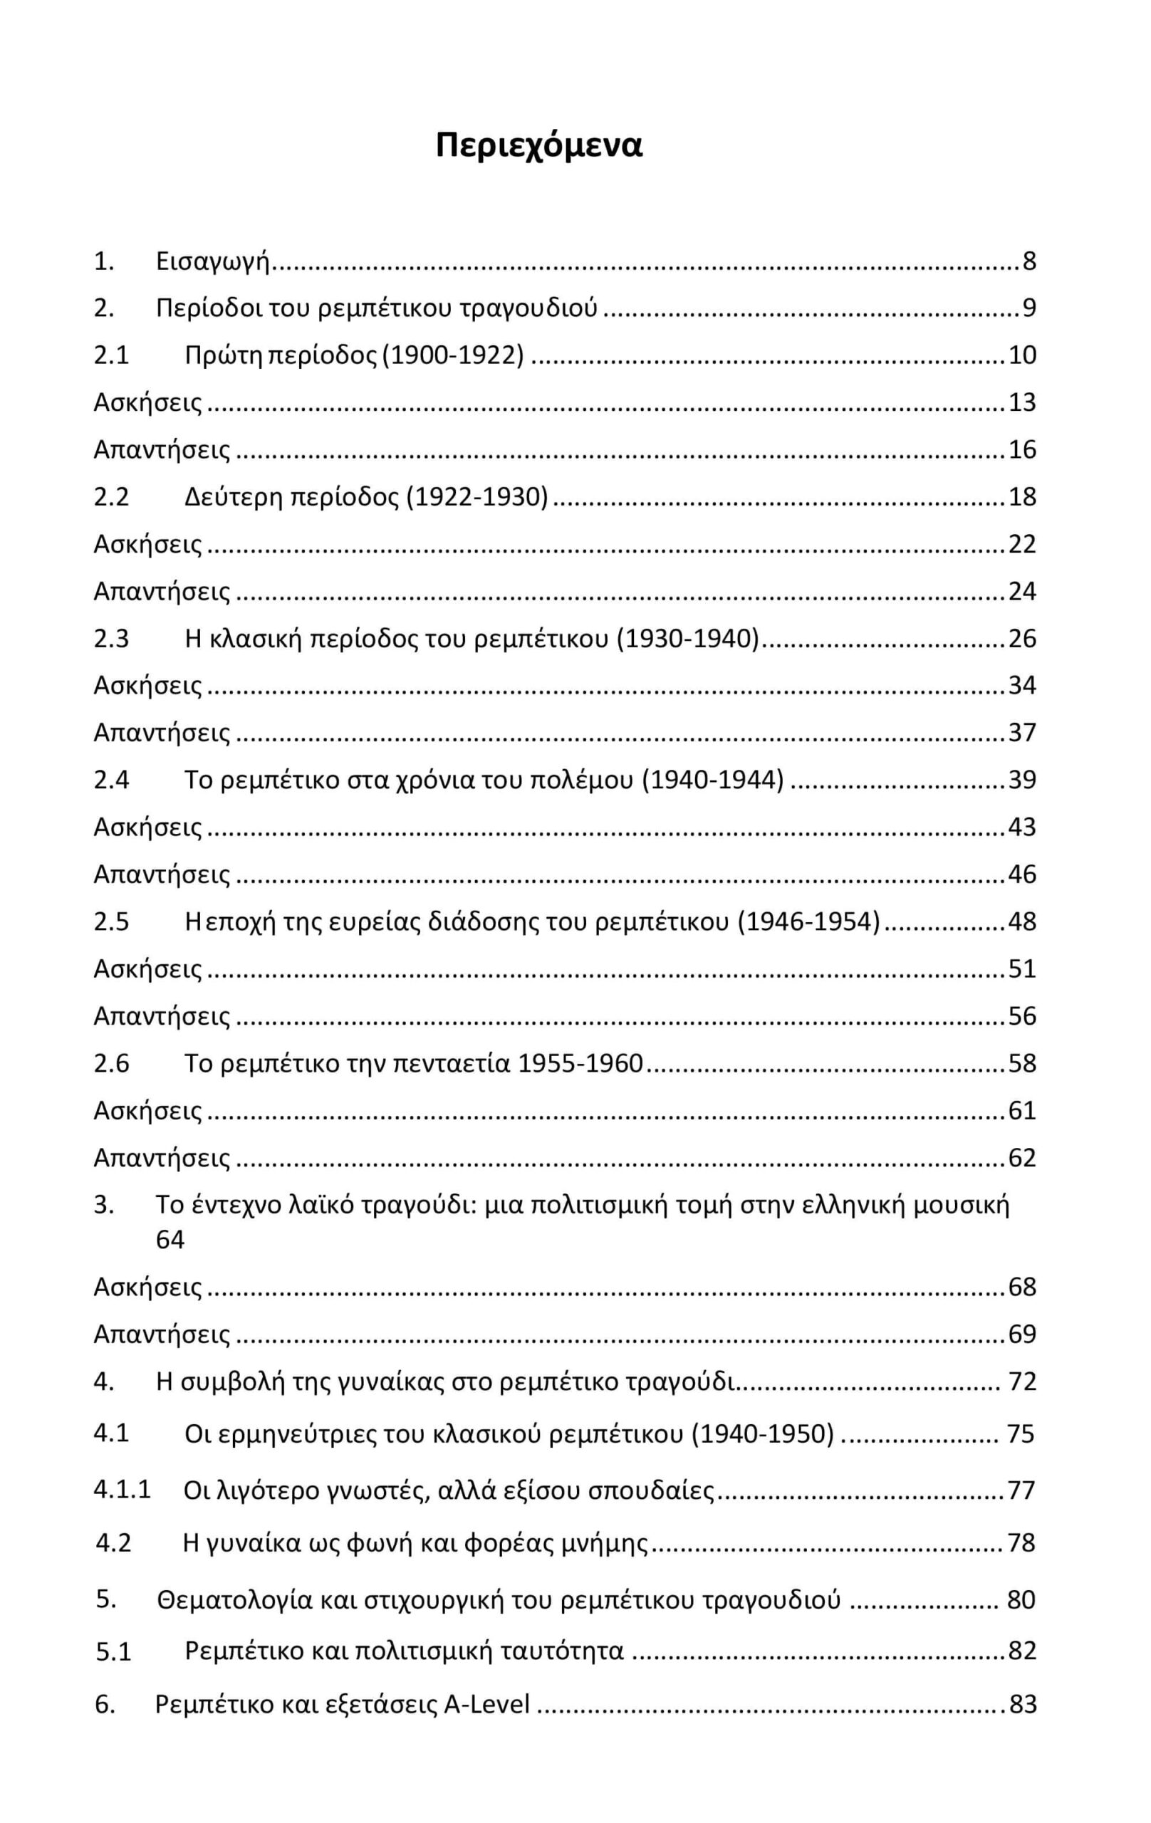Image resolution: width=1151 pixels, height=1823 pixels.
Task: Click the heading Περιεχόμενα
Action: (538, 145)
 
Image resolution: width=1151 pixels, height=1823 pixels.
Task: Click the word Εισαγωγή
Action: (213, 261)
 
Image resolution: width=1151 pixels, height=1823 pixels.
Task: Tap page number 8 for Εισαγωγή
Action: (1028, 261)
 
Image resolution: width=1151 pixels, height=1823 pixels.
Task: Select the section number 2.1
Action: (111, 355)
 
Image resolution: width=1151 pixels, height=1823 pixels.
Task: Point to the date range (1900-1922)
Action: (453, 355)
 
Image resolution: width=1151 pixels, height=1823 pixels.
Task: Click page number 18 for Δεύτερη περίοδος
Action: (1021, 496)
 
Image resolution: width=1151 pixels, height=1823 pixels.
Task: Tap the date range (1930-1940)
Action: (687, 638)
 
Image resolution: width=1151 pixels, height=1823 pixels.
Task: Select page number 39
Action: (1021, 780)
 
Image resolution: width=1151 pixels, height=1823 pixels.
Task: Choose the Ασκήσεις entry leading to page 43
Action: (147, 827)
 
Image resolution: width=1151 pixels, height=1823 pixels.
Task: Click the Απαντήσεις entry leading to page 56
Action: (161, 1016)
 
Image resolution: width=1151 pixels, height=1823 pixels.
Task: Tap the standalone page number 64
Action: (170, 1239)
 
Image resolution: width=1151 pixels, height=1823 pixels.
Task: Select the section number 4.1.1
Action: (122, 1489)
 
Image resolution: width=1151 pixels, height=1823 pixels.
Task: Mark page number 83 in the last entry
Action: (1022, 1704)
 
